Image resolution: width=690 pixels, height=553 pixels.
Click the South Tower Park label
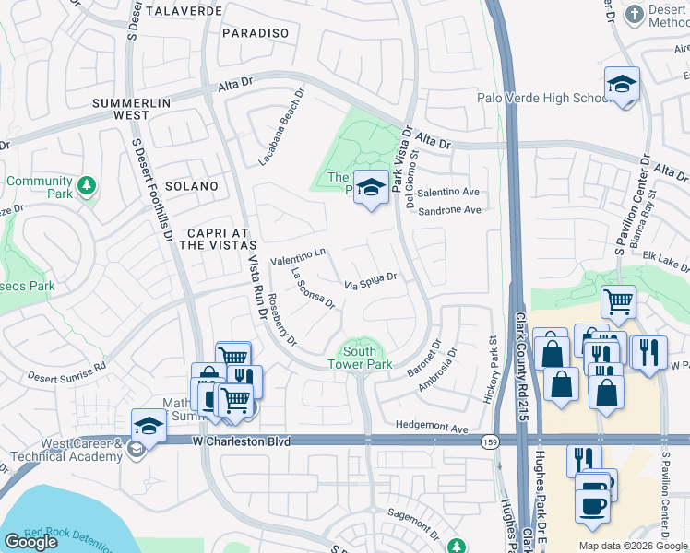[x=360, y=358]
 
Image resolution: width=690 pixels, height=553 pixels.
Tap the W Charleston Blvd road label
[x=241, y=442]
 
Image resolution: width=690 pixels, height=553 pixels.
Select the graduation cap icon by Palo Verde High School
[x=622, y=86]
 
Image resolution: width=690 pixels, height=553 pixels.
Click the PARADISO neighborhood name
[x=256, y=33]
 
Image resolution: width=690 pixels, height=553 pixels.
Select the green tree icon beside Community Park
[x=86, y=186]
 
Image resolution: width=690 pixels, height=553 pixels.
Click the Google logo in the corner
[x=30, y=542]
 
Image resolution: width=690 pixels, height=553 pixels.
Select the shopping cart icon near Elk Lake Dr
[x=618, y=301]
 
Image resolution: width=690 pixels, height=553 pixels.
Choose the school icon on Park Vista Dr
[x=371, y=188]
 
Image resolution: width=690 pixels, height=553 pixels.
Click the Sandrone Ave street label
[x=450, y=210]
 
